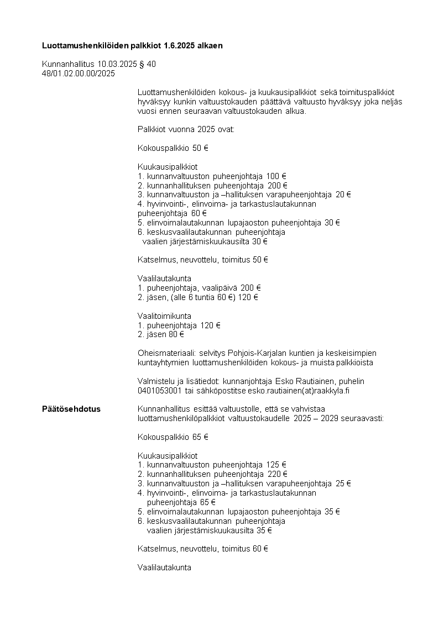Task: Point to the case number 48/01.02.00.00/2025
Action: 79,73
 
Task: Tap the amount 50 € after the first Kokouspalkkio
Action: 200,148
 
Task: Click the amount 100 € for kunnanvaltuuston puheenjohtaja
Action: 276,176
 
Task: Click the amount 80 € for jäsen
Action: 176,334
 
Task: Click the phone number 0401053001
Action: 160,391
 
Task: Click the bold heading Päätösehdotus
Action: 71,409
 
